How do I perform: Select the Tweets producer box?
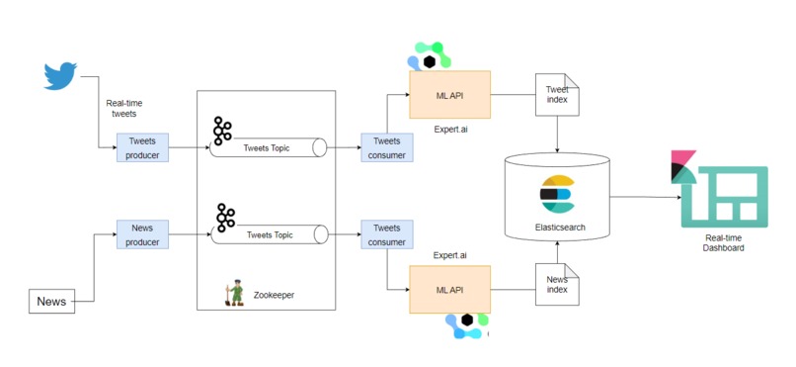(142, 147)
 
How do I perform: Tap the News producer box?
(142, 233)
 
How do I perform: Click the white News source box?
(51, 301)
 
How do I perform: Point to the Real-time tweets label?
(123, 108)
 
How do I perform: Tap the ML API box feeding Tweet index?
(449, 96)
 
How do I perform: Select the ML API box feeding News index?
(449, 290)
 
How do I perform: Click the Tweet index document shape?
(557, 94)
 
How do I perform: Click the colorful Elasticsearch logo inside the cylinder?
(557, 194)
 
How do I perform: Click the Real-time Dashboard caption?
(724, 242)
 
